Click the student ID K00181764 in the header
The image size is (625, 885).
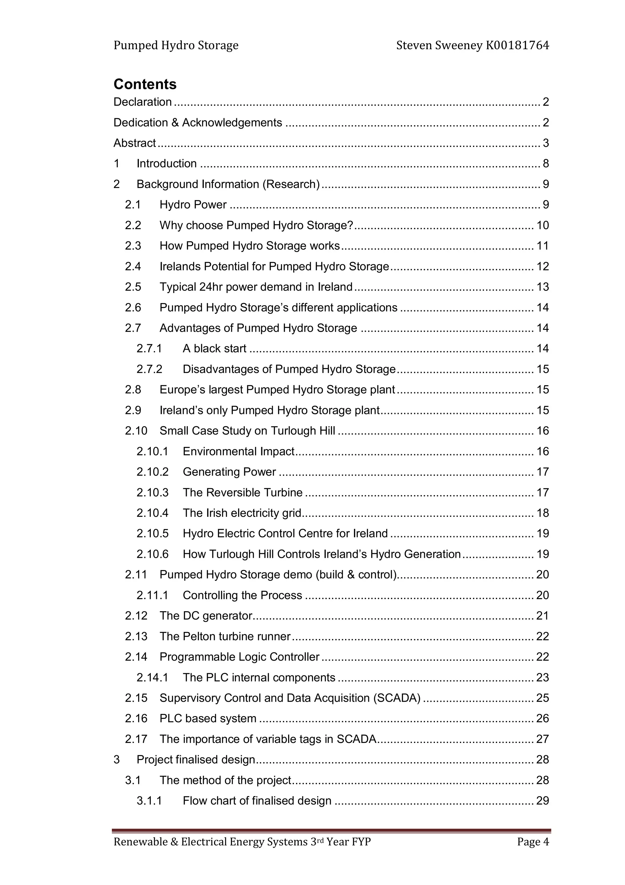(517, 46)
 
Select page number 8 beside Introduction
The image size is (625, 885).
(545, 163)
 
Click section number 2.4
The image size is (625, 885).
(132, 266)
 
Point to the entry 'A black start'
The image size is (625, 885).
(214, 349)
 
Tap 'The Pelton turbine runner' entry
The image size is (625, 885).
(225, 636)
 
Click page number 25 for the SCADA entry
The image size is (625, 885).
(542, 698)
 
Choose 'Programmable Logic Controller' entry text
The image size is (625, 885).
(239, 656)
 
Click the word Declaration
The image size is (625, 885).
(143, 102)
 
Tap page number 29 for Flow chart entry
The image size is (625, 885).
(542, 801)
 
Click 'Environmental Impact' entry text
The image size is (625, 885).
(238, 451)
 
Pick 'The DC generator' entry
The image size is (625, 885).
(206, 616)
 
